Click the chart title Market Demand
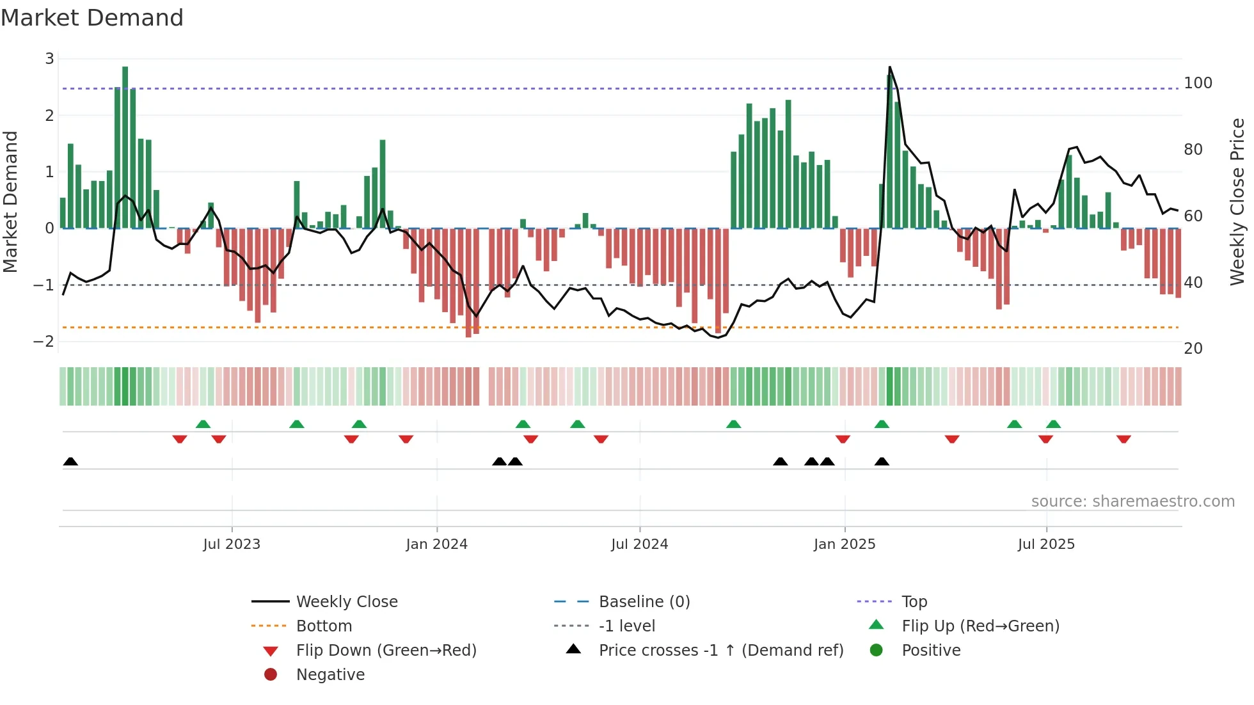[92, 18]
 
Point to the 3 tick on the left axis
[49, 59]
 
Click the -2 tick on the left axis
[44, 341]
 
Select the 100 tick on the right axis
[1198, 83]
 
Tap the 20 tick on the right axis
[1193, 349]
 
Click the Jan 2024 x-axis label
[436, 544]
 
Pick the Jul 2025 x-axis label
[1046, 544]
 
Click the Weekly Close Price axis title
[1237, 202]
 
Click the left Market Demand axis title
[10, 202]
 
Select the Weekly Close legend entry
[346, 602]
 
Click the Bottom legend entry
[324, 626]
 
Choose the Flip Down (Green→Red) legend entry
[386, 651]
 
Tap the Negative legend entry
[330, 675]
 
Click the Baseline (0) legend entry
[644, 602]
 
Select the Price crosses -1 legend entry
[720, 651]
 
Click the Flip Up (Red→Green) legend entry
[980, 626]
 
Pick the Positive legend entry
[931, 651]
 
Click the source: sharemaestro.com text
[1132, 502]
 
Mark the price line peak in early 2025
[889, 67]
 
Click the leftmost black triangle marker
[70, 462]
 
